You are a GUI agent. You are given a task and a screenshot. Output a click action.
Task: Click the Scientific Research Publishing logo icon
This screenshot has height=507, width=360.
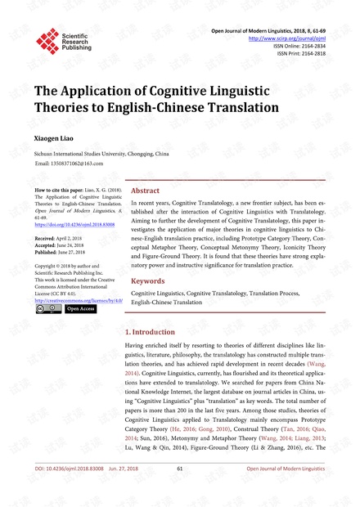(47, 38)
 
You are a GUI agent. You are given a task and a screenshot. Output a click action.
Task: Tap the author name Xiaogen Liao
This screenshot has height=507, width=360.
(57, 138)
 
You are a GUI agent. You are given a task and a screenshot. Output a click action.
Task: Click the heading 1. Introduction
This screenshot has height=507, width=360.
(152, 332)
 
